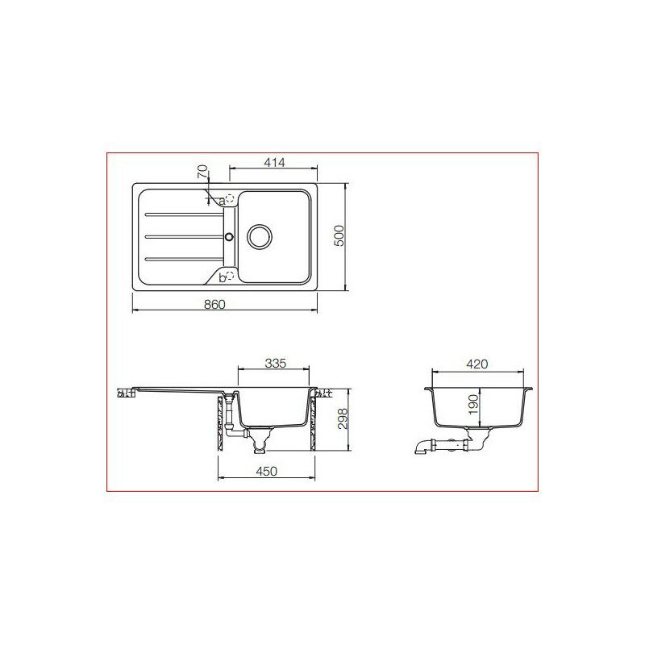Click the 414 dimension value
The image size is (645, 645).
(x=274, y=163)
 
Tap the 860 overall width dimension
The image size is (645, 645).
(x=214, y=305)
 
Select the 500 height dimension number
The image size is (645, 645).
(x=339, y=235)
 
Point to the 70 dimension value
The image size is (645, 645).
(x=203, y=171)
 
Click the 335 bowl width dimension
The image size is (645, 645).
(x=276, y=364)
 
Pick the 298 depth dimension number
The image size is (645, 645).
(x=343, y=419)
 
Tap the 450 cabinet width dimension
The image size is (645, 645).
(x=267, y=471)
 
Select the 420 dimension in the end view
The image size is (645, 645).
(x=477, y=364)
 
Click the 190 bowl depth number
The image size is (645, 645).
(x=474, y=406)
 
